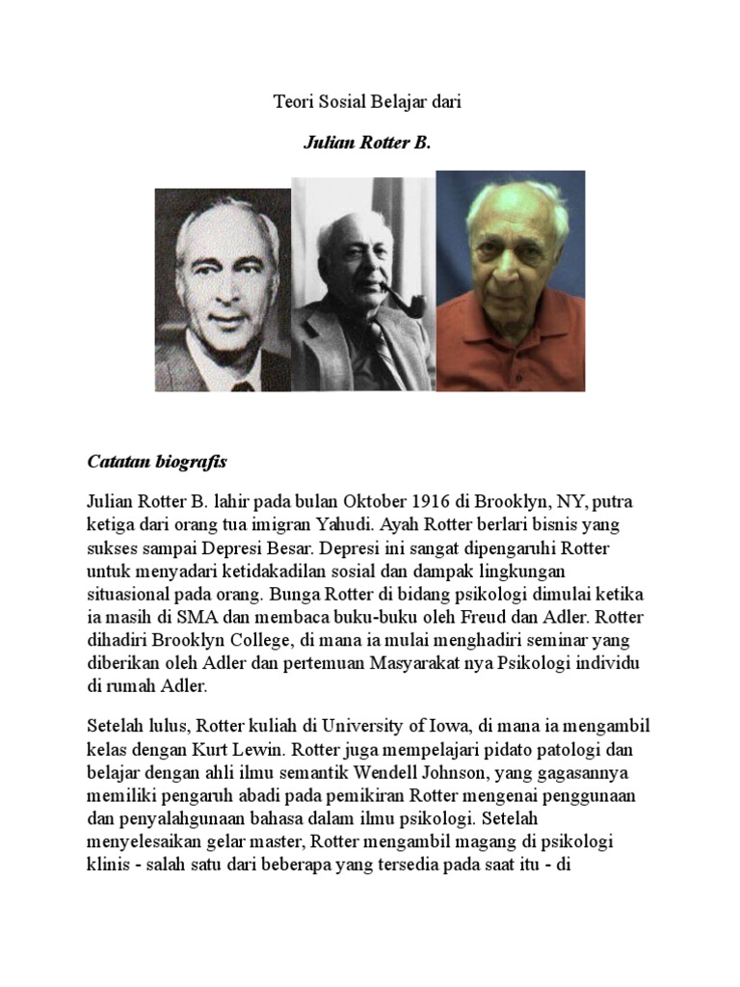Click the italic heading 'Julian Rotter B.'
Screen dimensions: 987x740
click(x=366, y=143)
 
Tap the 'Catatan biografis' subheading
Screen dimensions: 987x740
click(x=157, y=462)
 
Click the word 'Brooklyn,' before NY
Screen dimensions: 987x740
click(x=501, y=503)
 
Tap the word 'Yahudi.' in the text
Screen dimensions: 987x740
click(x=344, y=525)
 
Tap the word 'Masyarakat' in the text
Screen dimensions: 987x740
click(x=421, y=664)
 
